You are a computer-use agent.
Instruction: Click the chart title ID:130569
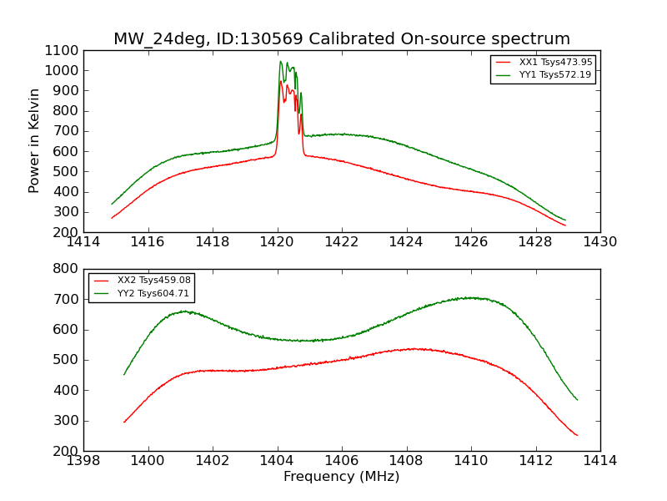tap(342, 39)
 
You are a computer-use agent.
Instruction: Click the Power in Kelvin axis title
tap(35, 140)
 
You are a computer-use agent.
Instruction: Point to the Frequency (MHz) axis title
tap(341, 477)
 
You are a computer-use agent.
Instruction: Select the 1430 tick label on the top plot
tap(599, 242)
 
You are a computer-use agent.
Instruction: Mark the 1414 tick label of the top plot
tap(83, 242)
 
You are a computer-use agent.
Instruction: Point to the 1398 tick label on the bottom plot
tap(83, 461)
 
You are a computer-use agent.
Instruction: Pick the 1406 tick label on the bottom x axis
tap(341, 461)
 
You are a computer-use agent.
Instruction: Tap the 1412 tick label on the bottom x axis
tap(535, 461)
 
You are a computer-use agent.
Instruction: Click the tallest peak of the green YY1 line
tap(281, 61)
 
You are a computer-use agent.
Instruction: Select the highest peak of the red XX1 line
tap(280, 81)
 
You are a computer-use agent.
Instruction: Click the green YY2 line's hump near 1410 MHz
tap(471, 297)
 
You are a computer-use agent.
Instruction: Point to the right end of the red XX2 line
tap(577, 435)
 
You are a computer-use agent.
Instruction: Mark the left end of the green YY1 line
tap(112, 204)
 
